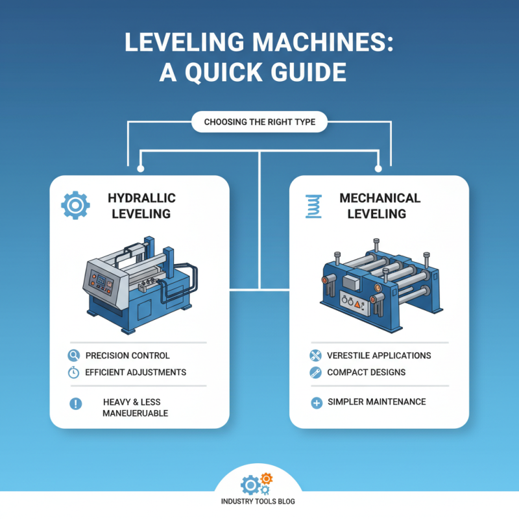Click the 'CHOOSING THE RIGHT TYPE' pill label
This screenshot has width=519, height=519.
click(x=259, y=122)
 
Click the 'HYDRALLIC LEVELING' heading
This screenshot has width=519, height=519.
click(x=141, y=206)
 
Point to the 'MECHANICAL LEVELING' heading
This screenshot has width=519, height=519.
click(x=380, y=206)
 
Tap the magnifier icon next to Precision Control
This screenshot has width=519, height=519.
click(x=73, y=356)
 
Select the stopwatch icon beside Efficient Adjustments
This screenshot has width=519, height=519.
click(x=73, y=372)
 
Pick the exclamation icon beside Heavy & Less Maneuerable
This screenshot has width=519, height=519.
click(x=75, y=404)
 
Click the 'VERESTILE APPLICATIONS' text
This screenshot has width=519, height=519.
click(x=379, y=356)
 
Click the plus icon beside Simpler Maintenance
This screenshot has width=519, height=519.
click(x=317, y=403)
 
